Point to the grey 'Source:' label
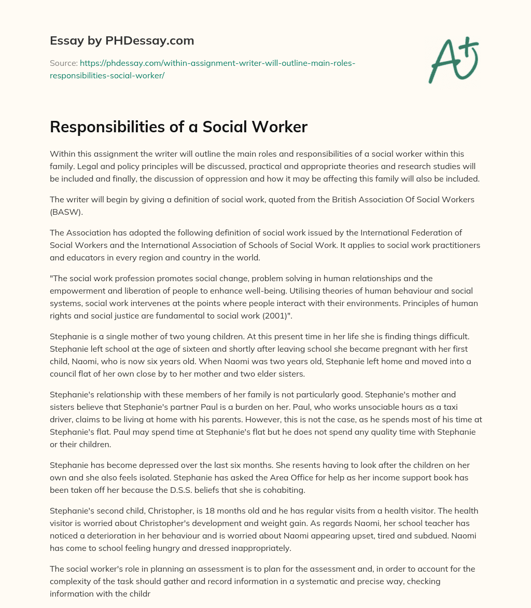coord(63,63)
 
